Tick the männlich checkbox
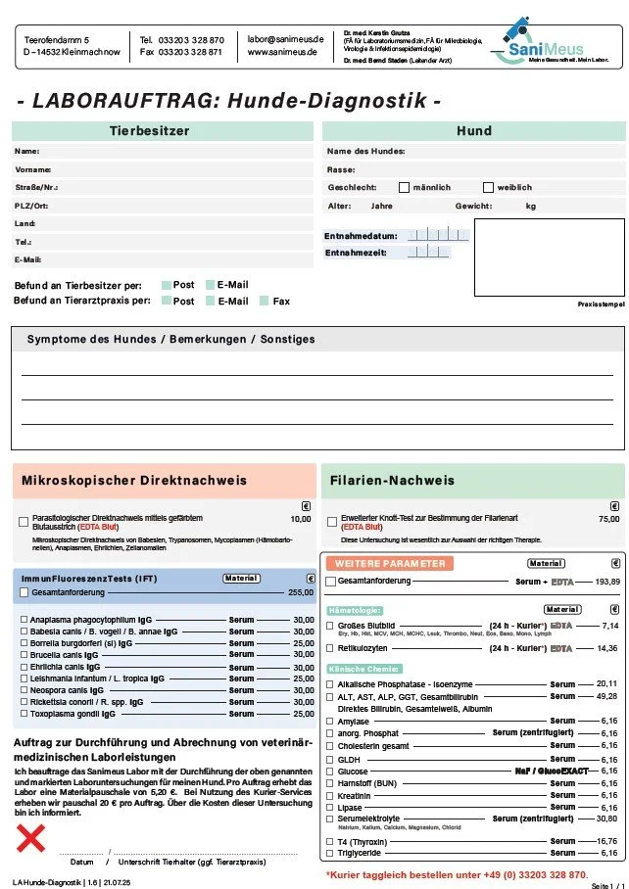(404, 187)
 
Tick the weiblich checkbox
(488, 187)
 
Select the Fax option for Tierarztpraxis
(265, 302)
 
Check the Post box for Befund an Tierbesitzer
(167, 285)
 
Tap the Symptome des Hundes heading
(170, 339)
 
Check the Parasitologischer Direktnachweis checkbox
(24, 522)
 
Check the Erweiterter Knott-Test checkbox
(331, 522)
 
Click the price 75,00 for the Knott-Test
(608, 519)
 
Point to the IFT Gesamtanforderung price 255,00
(300, 592)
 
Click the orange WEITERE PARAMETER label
(390, 564)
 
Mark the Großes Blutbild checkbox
(330, 625)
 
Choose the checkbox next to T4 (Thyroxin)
(330, 841)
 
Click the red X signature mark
(32, 838)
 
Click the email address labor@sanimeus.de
(285, 38)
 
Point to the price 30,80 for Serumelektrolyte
(607, 819)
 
